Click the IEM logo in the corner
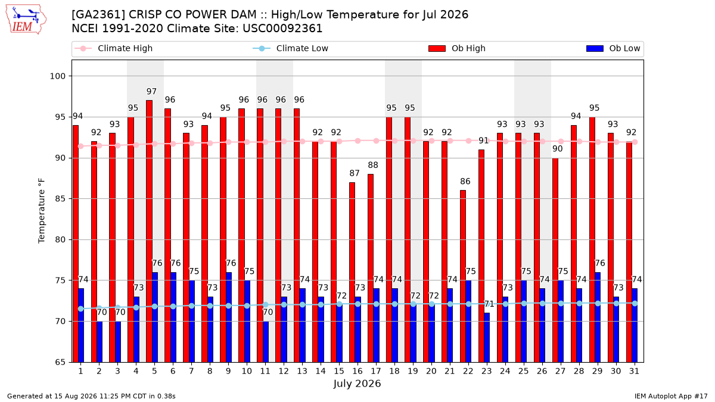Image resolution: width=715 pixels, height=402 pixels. [26, 20]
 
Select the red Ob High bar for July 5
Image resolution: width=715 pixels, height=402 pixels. [149, 231]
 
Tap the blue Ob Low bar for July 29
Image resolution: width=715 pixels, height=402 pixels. [598, 317]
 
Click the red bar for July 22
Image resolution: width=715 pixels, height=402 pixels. [463, 276]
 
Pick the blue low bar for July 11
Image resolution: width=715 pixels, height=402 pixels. [266, 342]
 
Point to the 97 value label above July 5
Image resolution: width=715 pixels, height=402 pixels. [151, 92]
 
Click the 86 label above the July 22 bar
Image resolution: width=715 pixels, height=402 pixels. [465, 182]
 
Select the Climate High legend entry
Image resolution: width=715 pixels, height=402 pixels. [114, 48]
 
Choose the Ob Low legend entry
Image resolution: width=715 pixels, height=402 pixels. [613, 48]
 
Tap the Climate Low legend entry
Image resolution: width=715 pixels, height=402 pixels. [291, 48]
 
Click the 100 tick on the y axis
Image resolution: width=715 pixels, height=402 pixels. [58, 76]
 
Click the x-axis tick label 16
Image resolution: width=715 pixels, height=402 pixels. [357, 371]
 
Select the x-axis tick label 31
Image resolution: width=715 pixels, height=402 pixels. [634, 371]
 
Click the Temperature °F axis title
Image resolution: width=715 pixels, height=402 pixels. [42, 211]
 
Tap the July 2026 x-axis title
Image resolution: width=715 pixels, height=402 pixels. [357, 384]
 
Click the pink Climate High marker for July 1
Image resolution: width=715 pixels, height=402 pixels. [81, 146]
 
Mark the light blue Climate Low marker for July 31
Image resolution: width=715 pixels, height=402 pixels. [635, 303]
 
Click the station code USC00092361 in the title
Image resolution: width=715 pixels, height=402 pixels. [282, 29]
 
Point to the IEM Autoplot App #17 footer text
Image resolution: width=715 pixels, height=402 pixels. [671, 396]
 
